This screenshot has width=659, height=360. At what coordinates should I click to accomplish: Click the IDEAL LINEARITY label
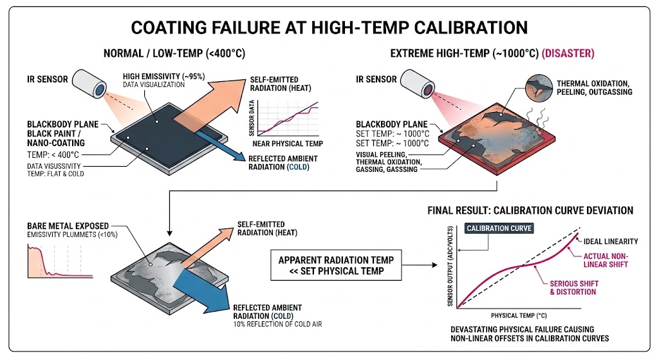point(612,242)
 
